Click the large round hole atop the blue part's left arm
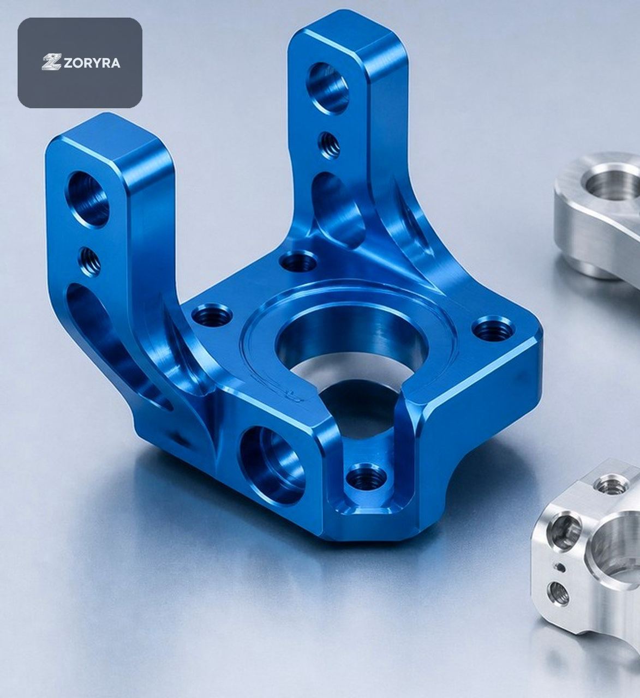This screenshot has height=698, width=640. pos(89,199)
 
